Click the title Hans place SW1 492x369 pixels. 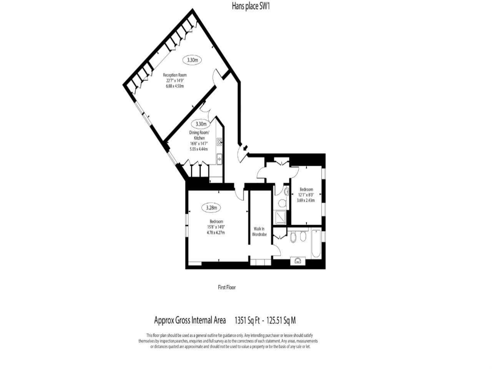(x=251, y=6)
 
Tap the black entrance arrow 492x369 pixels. (x=245, y=148)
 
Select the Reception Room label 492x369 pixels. (x=175, y=75)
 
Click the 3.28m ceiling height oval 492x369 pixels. (x=211, y=208)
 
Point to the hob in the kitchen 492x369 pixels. (x=219, y=142)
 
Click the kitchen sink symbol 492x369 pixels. (x=219, y=159)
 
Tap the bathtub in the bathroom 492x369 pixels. (x=316, y=243)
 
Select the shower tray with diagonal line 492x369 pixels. (x=280, y=217)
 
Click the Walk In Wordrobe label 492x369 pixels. (x=259, y=231)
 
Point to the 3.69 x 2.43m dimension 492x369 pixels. (x=306, y=200)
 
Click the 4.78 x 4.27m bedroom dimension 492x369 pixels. (x=216, y=233)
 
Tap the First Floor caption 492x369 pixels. (x=227, y=287)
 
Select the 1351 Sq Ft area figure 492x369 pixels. (x=247, y=320)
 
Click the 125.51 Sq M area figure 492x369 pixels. (x=281, y=320)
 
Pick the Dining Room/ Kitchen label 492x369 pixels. (x=199, y=135)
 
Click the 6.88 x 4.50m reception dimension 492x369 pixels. (x=175, y=86)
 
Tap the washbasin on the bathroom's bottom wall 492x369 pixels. (x=298, y=260)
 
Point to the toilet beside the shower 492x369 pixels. (x=282, y=203)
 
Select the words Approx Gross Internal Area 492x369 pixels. (x=190, y=320)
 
